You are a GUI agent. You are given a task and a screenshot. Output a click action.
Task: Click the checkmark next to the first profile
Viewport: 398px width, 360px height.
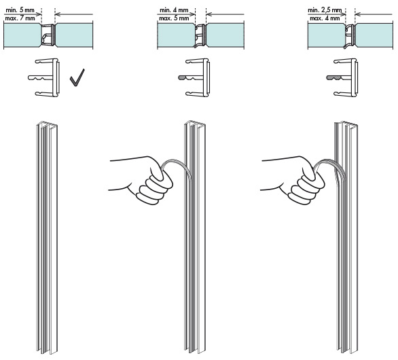77,77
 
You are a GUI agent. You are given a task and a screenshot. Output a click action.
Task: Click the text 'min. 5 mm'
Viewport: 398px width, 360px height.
20,10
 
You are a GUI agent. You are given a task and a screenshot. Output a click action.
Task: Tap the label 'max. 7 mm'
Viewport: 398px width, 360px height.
20,18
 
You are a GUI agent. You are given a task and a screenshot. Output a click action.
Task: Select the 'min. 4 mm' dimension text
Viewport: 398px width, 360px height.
174,10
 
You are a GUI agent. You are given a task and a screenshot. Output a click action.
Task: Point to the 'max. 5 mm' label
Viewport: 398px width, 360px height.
174,18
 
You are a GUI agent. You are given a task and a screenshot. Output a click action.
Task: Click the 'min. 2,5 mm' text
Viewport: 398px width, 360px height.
325,10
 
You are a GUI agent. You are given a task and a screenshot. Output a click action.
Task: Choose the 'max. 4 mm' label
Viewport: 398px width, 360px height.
325,18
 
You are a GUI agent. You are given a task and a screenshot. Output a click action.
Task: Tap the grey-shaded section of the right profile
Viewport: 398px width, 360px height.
333,77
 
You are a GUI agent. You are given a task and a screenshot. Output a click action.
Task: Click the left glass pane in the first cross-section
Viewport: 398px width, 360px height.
22,35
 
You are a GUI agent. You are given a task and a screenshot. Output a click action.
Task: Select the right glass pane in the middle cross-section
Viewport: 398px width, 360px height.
225,35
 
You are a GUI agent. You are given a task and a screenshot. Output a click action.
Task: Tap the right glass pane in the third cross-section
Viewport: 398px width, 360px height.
374,35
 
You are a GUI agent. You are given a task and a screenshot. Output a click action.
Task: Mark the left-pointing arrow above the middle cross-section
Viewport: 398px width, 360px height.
225,14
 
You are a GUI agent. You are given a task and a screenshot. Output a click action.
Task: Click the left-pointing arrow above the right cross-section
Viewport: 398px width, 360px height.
374,14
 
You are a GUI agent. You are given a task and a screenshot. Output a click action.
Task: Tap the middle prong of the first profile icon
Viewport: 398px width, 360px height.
41,77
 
